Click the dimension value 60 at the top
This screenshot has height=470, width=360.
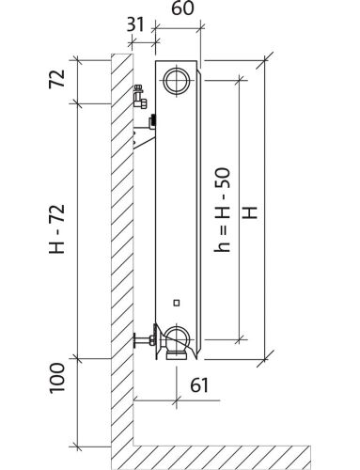[x=182, y=8]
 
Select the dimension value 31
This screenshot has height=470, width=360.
[x=135, y=24]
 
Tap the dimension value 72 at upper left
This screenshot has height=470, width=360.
[x=57, y=79]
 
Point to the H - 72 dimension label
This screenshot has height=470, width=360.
[x=57, y=228]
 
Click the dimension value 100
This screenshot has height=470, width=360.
[x=57, y=379]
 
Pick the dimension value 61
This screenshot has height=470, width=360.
[x=199, y=385]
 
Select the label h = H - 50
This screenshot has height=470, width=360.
[x=222, y=211]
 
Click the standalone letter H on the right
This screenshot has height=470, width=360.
[x=251, y=212]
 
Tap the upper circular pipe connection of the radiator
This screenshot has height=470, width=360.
[x=177, y=81]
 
